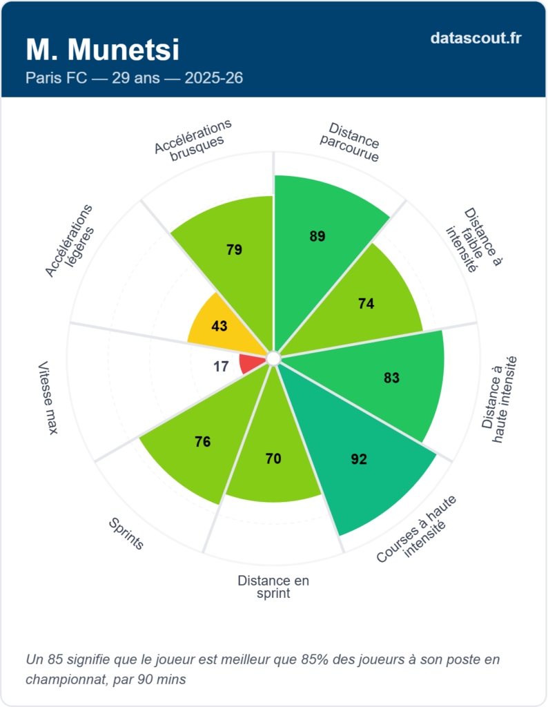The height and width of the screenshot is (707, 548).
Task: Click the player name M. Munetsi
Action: pyautogui.click(x=102, y=50)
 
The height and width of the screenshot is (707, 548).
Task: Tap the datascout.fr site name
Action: pyautogui.click(x=476, y=39)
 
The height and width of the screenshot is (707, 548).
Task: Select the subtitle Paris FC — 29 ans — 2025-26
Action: pyautogui.click(x=134, y=78)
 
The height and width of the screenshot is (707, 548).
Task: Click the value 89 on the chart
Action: pyautogui.click(x=317, y=236)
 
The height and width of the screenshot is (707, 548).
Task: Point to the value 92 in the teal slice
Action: pyautogui.click(x=359, y=458)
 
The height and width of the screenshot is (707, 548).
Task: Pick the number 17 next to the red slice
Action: pyautogui.click(x=221, y=367)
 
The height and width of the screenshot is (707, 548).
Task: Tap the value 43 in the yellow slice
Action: pyautogui.click(x=219, y=325)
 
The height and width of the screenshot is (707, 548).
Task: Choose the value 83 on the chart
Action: pyautogui.click(x=392, y=378)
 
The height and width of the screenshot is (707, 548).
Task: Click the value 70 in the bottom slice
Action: pyautogui.click(x=273, y=458)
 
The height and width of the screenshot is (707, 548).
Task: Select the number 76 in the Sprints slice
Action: pyautogui.click(x=202, y=442)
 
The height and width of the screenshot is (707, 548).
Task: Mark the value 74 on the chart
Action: pyautogui.click(x=366, y=304)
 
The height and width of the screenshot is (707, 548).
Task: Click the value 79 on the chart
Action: pyautogui.click(x=234, y=250)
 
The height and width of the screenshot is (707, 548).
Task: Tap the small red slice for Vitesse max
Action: pyautogui.click(x=250, y=364)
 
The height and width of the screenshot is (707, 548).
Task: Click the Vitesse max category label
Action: pyautogui.click(x=48, y=398)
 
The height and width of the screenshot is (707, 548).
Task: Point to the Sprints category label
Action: pyautogui.click(x=126, y=534)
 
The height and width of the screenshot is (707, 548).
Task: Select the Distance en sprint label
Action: pyautogui.click(x=273, y=587)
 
